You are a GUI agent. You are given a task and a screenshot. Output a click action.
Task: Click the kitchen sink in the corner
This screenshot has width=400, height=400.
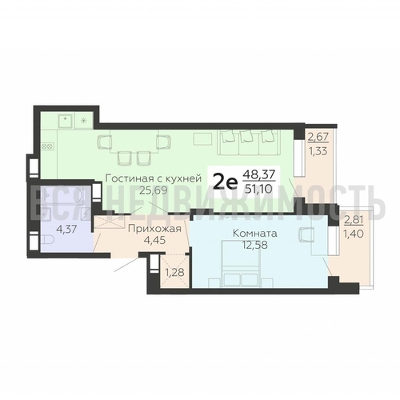click(x=66, y=121)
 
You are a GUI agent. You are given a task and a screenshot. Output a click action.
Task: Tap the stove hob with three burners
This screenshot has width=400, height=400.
click(x=47, y=146)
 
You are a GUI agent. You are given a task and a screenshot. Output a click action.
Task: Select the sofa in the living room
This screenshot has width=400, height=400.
click(x=249, y=142)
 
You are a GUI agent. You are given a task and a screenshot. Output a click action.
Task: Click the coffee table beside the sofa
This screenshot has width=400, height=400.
click(x=203, y=138)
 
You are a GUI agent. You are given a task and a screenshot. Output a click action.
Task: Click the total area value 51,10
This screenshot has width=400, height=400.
click(x=259, y=189)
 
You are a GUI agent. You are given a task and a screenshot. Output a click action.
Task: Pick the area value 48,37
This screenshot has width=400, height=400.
click(x=258, y=175)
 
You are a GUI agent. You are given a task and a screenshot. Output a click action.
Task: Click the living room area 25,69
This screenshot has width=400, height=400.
click(x=153, y=190)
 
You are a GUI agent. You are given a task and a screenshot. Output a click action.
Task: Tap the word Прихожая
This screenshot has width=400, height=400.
click(x=154, y=229)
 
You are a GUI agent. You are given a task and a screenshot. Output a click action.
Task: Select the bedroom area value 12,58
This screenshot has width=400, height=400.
click(x=254, y=245)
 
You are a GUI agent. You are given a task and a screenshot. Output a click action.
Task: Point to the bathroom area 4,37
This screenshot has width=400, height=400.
click(x=67, y=229)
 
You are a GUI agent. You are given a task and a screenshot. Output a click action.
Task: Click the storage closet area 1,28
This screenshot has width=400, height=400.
click(x=174, y=273)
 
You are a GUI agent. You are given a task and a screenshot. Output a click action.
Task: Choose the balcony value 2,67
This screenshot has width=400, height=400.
click(x=318, y=138)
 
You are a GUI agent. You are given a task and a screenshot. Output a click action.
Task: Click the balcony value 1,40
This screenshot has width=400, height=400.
click(x=354, y=234)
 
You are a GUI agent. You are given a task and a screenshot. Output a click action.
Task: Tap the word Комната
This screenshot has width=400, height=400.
click(x=255, y=234)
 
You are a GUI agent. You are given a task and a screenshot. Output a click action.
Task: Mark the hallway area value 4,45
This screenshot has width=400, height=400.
click(x=154, y=240)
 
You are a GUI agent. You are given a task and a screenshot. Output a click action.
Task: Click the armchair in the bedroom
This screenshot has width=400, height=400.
click(x=306, y=234)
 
